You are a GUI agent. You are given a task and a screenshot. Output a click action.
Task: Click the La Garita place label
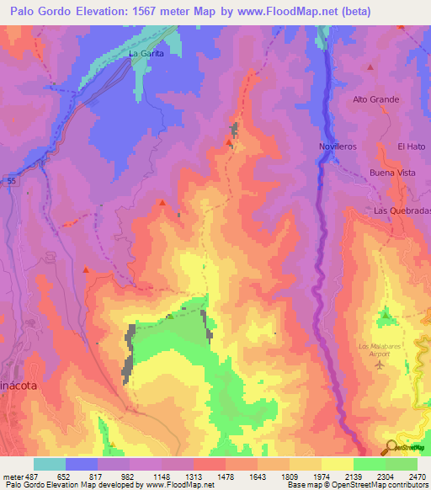pyautogui.click(x=145, y=53)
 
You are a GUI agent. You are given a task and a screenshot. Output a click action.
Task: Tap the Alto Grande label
pyautogui.click(x=375, y=99)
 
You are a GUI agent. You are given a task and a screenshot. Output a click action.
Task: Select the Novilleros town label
pyautogui.click(x=338, y=146)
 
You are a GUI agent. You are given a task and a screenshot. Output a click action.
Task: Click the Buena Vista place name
pyautogui.click(x=392, y=173)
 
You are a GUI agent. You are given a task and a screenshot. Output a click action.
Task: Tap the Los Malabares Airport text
pyautogui.click(x=375, y=350)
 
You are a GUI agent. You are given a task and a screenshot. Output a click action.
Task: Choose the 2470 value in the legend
pyautogui.click(x=417, y=476)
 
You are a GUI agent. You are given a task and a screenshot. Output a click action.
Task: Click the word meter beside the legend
pyautogui.click(x=13, y=476)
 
